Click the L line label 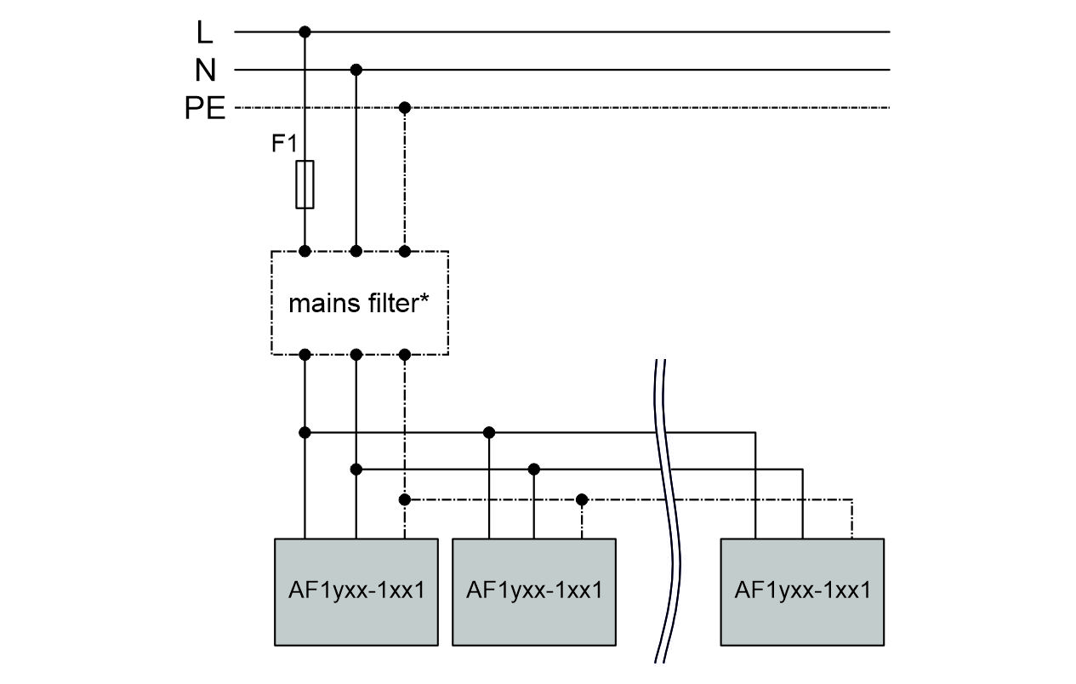pyautogui.click(x=204, y=32)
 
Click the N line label pyautogui.click(x=204, y=70)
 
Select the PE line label pyautogui.click(x=205, y=108)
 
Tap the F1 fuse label pyautogui.click(x=284, y=144)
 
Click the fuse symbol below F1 pyautogui.click(x=305, y=184)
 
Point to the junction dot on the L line pyautogui.click(x=305, y=32)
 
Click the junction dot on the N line pyautogui.click(x=356, y=70)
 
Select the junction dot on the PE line pyautogui.click(x=405, y=108)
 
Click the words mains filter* pyautogui.click(x=358, y=303)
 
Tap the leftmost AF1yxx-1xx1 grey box pyautogui.click(x=356, y=591)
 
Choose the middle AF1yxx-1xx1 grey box pyautogui.click(x=533, y=591)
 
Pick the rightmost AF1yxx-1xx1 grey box pyautogui.click(x=802, y=591)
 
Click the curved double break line pyautogui.click(x=669, y=510)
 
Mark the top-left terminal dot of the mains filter pyautogui.click(x=305, y=251)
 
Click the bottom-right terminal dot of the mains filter pyautogui.click(x=405, y=354)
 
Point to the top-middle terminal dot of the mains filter pyautogui.click(x=356, y=251)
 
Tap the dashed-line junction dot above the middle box pyautogui.click(x=582, y=499)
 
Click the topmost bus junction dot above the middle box pyautogui.click(x=488, y=432)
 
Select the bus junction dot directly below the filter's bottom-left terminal pyautogui.click(x=305, y=432)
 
